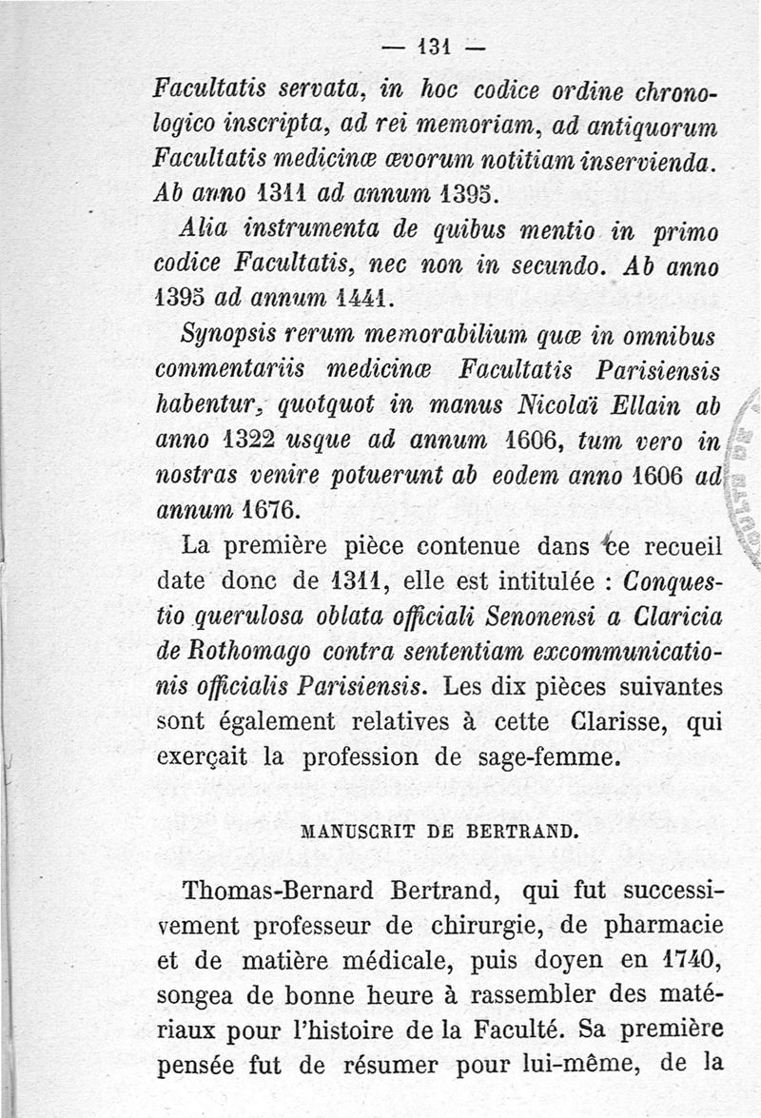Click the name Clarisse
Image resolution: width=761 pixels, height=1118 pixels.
click(x=605, y=722)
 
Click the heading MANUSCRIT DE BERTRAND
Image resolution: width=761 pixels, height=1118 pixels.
click(x=439, y=828)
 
